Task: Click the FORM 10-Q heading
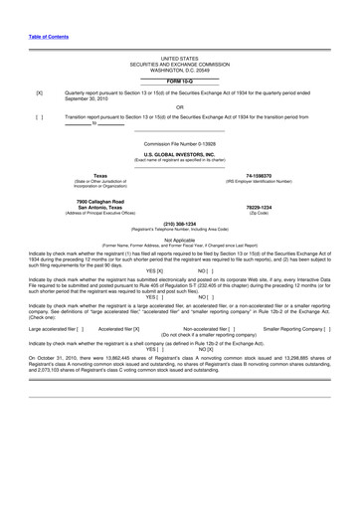coord(179,82)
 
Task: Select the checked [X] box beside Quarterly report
coord(39,92)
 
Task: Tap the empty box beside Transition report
coord(39,116)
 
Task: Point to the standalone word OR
coord(179,106)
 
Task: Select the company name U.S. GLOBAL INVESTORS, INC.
coord(179,154)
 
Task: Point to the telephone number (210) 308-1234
coord(179,224)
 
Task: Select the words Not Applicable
coord(179,240)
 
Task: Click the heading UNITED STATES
coord(179,61)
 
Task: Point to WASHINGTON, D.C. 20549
coord(179,72)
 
